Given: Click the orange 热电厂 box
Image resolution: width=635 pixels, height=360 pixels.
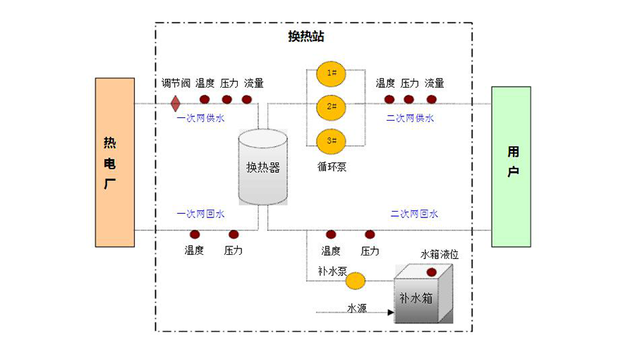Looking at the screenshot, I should [115, 162].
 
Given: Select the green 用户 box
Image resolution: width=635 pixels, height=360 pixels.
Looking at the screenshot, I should [512, 167].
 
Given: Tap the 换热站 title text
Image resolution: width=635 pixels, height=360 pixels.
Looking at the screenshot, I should [306, 37].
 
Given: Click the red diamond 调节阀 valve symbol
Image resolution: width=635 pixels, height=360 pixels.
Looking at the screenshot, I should [175, 104].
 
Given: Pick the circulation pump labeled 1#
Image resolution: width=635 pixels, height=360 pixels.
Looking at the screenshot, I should [331, 73].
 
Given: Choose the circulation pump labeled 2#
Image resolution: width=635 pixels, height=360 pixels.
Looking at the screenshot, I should [331, 107].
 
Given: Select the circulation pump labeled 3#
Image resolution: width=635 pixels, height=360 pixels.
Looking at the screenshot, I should [331, 140].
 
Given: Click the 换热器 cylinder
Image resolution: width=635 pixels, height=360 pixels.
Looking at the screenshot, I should [262, 167].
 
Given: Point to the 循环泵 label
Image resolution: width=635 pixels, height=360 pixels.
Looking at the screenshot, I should [332, 167].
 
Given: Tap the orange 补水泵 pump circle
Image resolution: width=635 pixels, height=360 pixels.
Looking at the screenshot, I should [356, 281].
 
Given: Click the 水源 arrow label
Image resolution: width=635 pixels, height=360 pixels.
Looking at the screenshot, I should [356, 308].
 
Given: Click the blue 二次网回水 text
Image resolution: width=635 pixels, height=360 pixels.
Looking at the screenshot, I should [414, 213].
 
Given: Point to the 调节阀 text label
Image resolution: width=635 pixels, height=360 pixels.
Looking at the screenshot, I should [176, 83].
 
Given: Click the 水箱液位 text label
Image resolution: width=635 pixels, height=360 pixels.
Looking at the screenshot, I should [440, 255].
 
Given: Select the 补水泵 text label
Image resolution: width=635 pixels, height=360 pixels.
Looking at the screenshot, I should [332, 270].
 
